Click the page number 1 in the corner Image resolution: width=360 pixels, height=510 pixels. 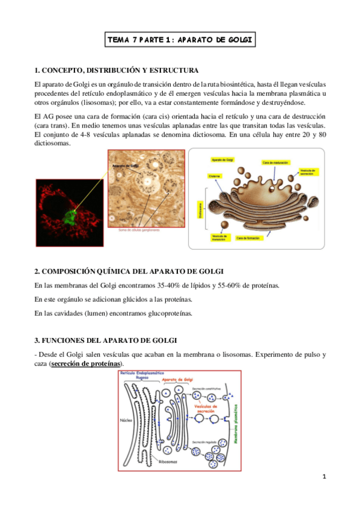click(x=324, y=477)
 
